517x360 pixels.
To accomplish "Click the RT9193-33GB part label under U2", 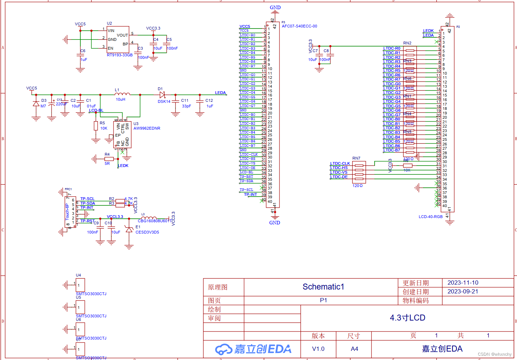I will pos(119,55).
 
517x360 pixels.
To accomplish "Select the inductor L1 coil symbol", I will pos(122,94).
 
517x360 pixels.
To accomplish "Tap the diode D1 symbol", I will pos(162,95).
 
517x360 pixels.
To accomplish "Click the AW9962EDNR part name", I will pos(147,128).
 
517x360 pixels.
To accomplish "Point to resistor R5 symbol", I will pos(96,126).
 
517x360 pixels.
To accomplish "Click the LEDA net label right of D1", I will pos(220,93).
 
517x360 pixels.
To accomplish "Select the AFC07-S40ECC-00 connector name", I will pos(299,26).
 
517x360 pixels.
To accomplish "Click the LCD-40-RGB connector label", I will pos(430,217).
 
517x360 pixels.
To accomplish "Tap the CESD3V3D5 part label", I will pos(147,232).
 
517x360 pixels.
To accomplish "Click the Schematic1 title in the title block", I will pos(323,287).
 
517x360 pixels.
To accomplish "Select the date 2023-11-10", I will pos(463,283).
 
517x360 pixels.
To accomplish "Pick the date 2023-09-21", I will pos(463,291).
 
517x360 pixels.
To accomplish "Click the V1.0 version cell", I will pos(318,349).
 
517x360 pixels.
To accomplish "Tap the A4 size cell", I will pos(354,349).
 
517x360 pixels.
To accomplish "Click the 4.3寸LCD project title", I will pos(407,318).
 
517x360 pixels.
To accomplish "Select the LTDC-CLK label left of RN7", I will pos(340,163).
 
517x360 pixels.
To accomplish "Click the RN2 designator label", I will pos(407,43).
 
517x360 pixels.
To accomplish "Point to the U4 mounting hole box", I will pos(80,285).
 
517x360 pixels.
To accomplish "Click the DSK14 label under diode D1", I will pos(164,101).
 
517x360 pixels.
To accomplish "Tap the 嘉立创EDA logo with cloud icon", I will pos(253,349).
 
